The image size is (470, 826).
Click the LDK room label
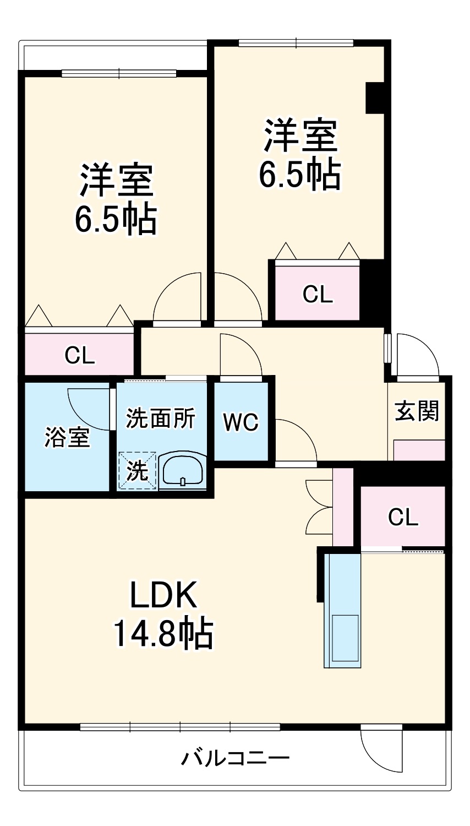pyautogui.click(x=163, y=594)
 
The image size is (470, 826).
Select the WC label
pyautogui.click(x=241, y=422)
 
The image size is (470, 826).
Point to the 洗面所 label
pyautogui.click(x=160, y=419)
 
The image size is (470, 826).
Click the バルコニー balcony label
pyautogui.click(x=236, y=758)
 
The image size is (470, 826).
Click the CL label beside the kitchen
pyautogui.click(x=403, y=517)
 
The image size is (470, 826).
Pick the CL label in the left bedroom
pyautogui.click(x=80, y=356)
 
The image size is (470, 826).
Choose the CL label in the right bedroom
pyautogui.click(x=318, y=295)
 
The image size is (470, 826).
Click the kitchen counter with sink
pyautogui.click(x=343, y=611)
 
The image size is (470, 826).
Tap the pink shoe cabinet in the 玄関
pyautogui.click(x=419, y=450)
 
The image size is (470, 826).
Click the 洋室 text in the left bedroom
pyautogui.click(x=116, y=180)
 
